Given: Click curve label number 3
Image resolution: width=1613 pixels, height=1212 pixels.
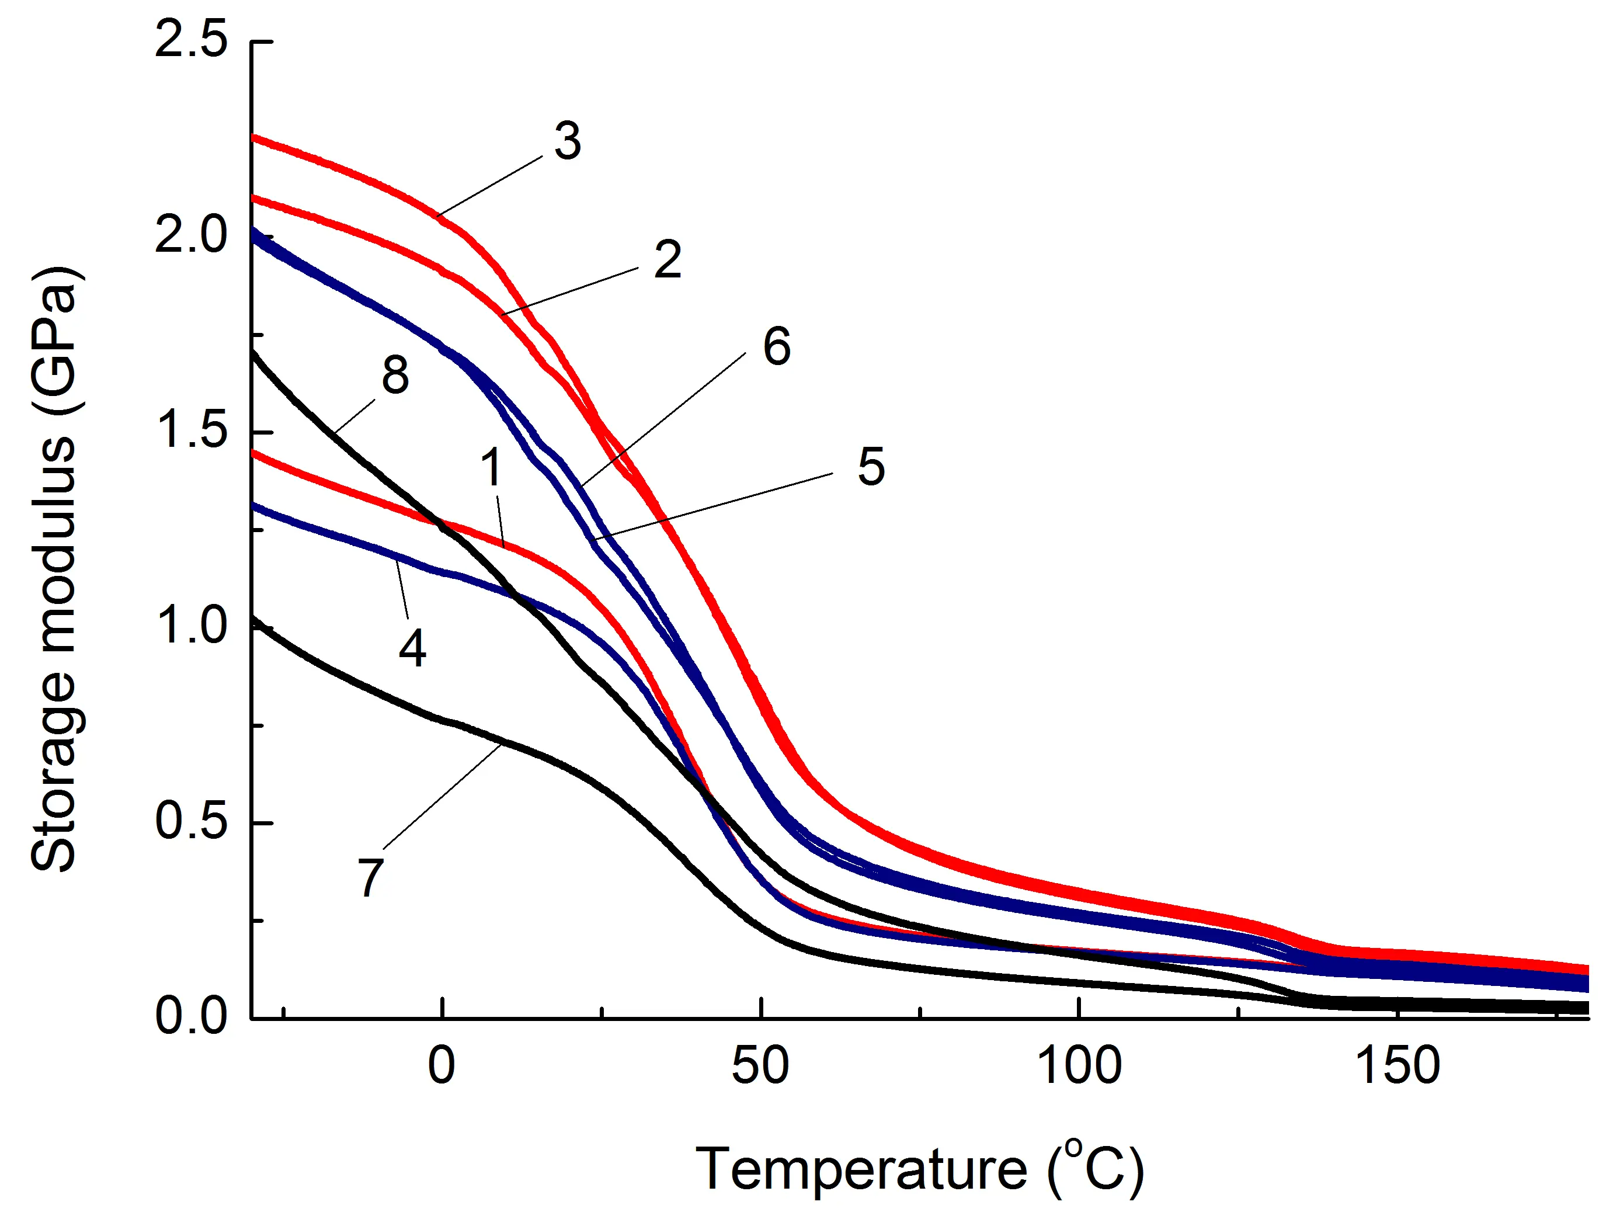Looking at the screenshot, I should [567, 141].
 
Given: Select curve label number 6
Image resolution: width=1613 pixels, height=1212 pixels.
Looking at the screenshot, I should [777, 346].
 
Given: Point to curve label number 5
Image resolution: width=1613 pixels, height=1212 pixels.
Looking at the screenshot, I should [871, 467].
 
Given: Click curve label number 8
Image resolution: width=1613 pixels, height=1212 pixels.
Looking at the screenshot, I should [395, 376].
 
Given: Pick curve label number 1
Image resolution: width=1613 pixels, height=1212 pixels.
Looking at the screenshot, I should [493, 467].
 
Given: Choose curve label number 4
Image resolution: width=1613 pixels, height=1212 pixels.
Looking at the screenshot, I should [412, 648].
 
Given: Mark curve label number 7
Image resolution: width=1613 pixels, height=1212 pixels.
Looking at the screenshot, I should [370, 877].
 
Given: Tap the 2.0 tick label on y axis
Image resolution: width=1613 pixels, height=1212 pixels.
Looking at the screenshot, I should [191, 235].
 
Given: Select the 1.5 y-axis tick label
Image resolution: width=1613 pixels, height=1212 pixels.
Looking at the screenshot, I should [191, 430].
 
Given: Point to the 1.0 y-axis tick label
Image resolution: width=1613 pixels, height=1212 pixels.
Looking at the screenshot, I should [191, 626].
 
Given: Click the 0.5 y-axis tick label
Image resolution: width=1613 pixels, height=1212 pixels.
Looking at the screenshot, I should [191, 821].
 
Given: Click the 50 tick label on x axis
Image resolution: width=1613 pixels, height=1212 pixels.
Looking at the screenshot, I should [760, 1066].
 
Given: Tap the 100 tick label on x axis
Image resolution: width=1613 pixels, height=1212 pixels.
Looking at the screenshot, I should [1079, 1066].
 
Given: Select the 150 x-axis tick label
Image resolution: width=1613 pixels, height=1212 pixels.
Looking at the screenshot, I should [1396, 1066].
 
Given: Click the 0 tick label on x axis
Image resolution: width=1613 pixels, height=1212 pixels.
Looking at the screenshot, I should [441, 1066].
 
